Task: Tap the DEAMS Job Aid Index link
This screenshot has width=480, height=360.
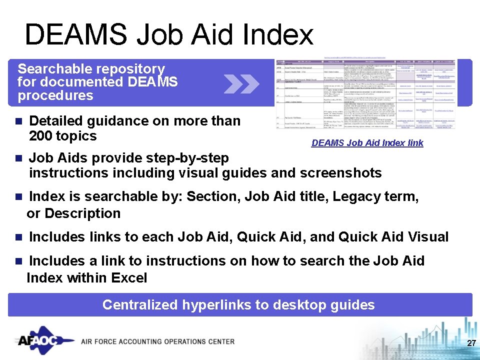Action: (x=367, y=143)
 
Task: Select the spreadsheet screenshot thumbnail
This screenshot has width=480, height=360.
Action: (x=367, y=92)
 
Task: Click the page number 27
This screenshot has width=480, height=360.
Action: (x=470, y=343)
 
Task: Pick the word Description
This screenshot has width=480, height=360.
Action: (x=82, y=213)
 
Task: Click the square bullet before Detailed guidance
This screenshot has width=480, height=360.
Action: (x=19, y=121)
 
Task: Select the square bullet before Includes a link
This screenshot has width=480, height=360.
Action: (x=19, y=261)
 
